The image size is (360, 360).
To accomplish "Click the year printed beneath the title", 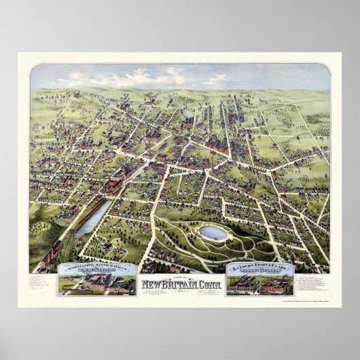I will tap(180, 291).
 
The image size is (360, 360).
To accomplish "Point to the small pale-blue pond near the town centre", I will tap(188, 113).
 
